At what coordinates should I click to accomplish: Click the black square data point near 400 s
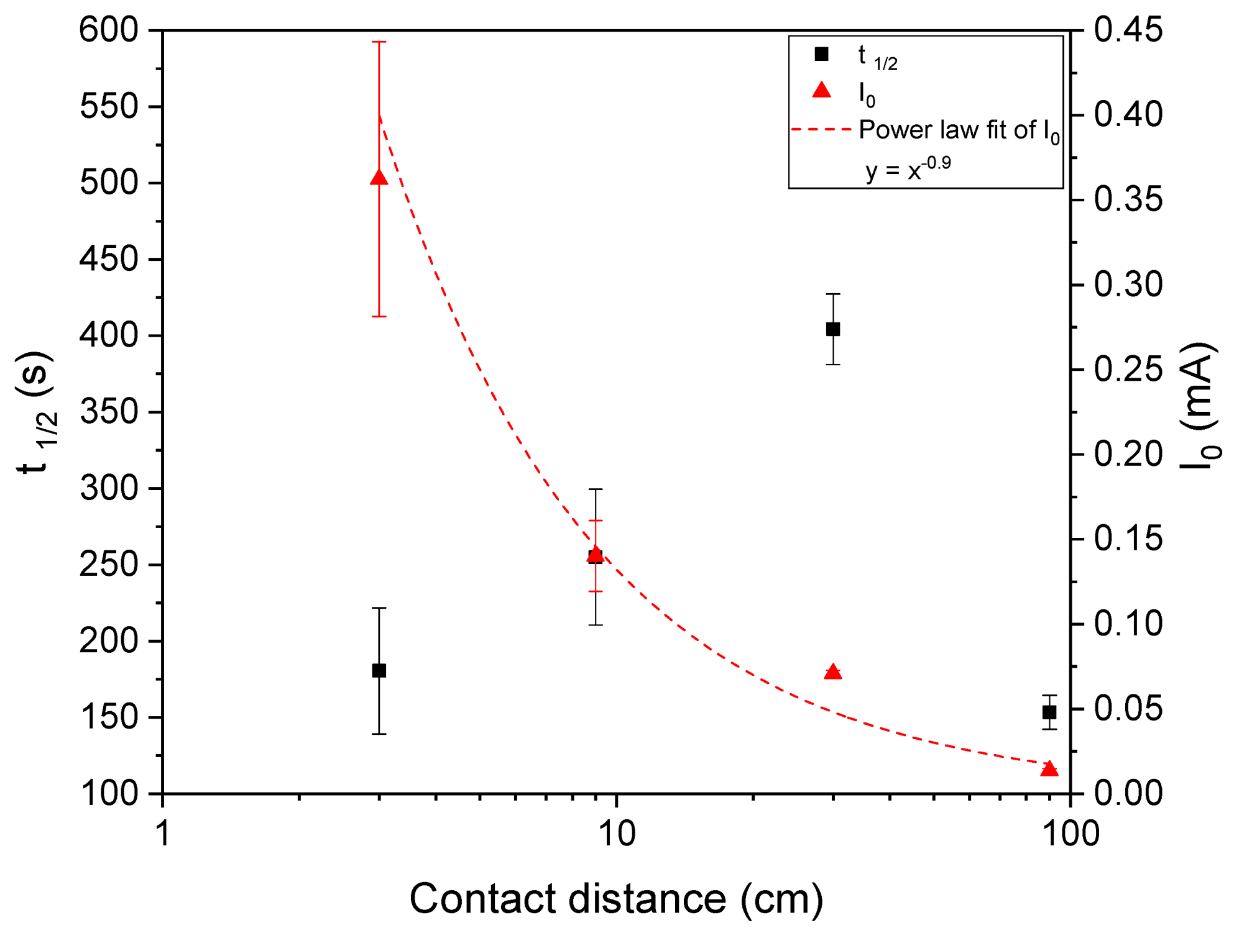(833, 329)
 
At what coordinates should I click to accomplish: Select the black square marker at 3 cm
(379, 670)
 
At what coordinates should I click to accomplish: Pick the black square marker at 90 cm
(1049, 712)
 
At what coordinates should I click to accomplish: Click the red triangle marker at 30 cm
(833, 672)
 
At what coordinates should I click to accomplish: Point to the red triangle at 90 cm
(1049, 769)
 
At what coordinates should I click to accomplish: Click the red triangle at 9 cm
(596, 554)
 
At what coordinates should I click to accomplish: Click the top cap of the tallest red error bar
(379, 42)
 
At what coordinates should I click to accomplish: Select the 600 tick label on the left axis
(109, 30)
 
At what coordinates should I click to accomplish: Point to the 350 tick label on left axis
(109, 412)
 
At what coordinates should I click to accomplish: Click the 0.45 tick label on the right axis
(1128, 30)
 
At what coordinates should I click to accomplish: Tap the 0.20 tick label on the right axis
(1128, 454)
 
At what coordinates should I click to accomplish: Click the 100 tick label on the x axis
(1071, 834)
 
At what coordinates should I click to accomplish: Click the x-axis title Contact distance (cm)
(616, 898)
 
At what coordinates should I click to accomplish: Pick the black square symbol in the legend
(821, 54)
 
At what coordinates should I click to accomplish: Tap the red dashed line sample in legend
(821, 130)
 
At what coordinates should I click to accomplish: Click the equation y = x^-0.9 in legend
(908, 168)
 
